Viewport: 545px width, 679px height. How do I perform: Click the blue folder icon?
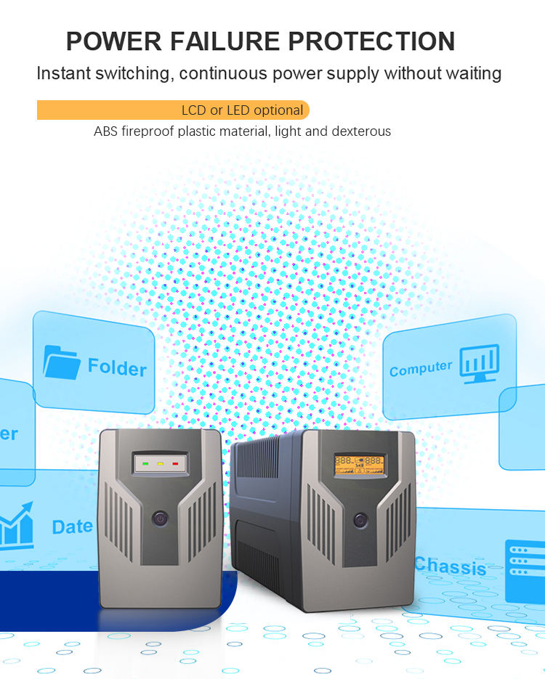pyautogui.click(x=61, y=362)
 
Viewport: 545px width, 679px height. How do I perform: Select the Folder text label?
pyautogui.click(x=117, y=367)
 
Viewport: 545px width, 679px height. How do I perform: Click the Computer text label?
pyautogui.click(x=421, y=369)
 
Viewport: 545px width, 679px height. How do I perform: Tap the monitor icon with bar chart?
pyautogui.click(x=479, y=363)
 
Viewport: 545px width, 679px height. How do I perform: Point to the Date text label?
pyautogui.click(x=72, y=526)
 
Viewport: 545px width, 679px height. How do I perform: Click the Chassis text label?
pyautogui.click(x=450, y=566)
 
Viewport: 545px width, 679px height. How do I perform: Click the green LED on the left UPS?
pyautogui.click(x=146, y=462)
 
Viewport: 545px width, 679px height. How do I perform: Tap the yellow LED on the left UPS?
pyautogui.click(x=160, y=462)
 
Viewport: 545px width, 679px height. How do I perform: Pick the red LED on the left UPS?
pyautogui.click(x=174, y=462)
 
